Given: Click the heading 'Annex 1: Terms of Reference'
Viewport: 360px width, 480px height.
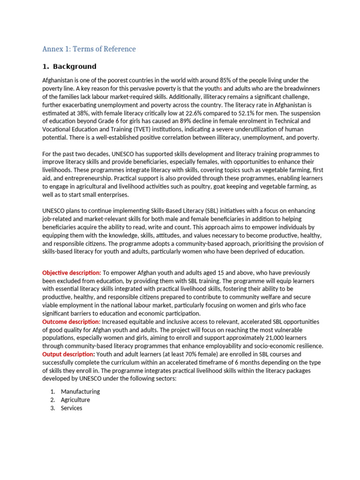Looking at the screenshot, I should coord(89,49).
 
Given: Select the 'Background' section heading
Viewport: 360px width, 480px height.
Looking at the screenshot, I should coord(75,67).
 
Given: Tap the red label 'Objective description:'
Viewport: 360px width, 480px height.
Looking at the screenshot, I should coord(72,273).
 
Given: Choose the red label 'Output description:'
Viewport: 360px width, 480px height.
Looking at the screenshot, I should coord(68,354).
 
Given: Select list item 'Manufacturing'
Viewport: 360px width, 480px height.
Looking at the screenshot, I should coord(80,391).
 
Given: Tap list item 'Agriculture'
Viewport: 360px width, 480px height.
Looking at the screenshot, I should coord(75,400).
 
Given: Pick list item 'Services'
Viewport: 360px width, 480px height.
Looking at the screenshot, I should coord(71,408).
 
